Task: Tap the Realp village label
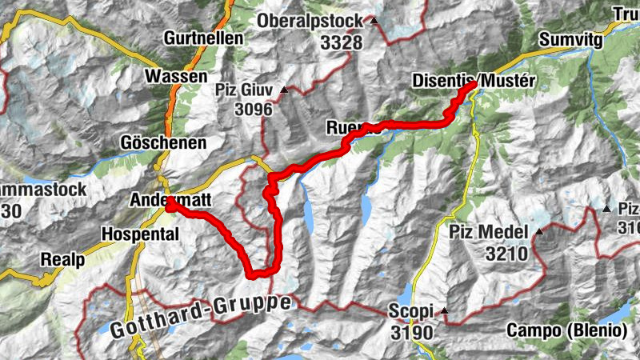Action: tap(63, 260)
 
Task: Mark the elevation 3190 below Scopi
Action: tap(413, 331)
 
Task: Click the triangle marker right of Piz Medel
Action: tap(538, 233)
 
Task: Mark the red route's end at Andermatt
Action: tap(170, 205)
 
